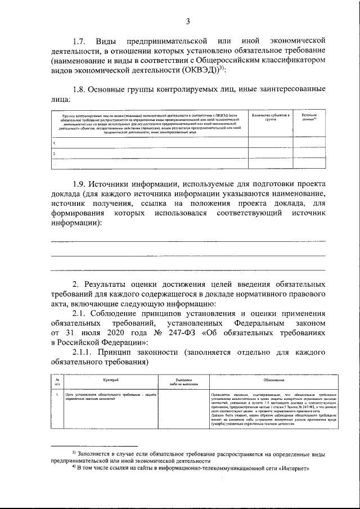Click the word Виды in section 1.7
pos(106,41)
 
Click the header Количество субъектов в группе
pos(271,116)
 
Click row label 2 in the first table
pos(54,153)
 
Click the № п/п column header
pos(57,382)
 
